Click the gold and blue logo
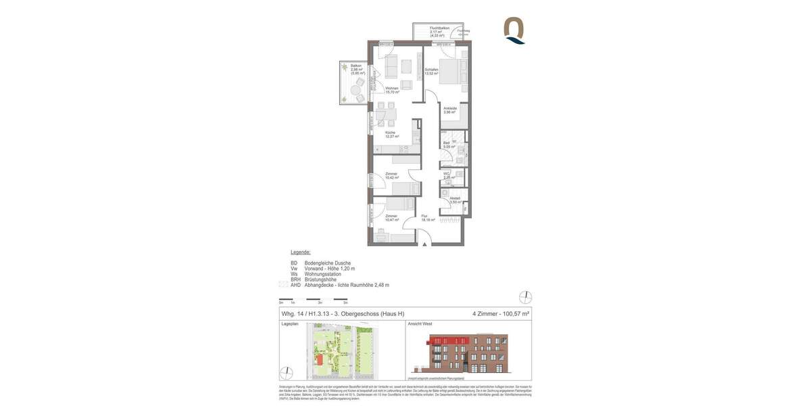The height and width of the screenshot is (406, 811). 514,30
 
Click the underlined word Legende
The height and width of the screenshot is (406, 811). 301,252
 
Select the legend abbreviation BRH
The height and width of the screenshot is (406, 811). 295,279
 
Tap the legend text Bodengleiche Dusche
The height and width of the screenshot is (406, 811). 328,263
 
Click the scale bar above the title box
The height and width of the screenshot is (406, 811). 314,299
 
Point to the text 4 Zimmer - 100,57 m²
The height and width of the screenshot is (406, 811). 500,314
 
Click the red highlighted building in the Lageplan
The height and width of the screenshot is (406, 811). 318,360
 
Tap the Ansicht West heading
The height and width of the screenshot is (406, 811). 420,324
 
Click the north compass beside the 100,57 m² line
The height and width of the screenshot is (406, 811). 525,297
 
